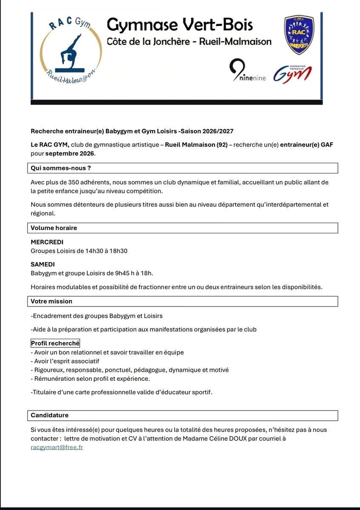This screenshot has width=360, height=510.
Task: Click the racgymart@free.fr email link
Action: click(x=57, y=448)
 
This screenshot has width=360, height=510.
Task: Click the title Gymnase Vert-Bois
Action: click(x=179, y=25)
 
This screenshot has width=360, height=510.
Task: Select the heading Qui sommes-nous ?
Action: click(x=61, y=168)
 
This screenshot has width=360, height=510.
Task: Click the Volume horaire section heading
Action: click(x=54, y=228)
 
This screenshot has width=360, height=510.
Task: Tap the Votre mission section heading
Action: click(x=51, y=301)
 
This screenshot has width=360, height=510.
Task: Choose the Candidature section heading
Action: click(x=50, y=415)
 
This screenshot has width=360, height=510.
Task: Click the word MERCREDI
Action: click(x=47, y=242)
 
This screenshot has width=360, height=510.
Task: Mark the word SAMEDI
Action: click(x=43, y=264)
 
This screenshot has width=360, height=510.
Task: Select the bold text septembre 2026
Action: click(x=70, y=153)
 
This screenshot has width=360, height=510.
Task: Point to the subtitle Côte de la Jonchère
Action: click(x=147, y=42)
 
